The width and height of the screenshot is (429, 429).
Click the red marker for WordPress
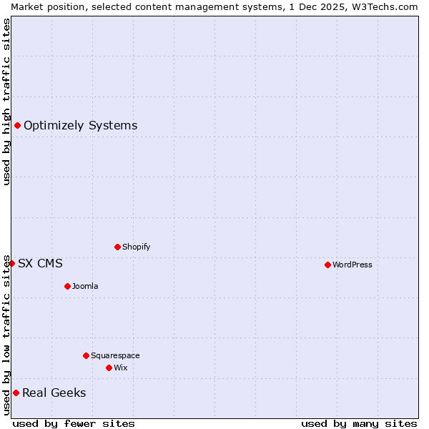pyautogui.click(x=327, y=265)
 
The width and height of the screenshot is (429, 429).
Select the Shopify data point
pyautogui.click(x=117, y=247)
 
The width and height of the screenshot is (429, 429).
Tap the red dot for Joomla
pyautogui.click(x=67, y=286)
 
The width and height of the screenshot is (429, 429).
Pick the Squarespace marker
pyautogui.click(x=86, y=355)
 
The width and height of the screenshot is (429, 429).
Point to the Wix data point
pyautogui.click(x=109, y=368)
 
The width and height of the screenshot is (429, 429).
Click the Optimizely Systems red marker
pyautogui.click(x=17, y=126)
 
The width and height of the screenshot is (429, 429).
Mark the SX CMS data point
pyautogui.click(x=11, y=263)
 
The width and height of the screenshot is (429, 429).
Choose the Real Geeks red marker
pyautogui.click(x=16, y=393)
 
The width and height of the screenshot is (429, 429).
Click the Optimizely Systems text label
pyautogui.click(x=80, y=126)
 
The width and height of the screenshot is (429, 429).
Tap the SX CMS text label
pyautogui.click(x=40, y=264)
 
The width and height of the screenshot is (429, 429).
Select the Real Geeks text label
pyautogui.click(x=54, y=393)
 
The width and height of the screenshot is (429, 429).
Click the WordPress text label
pyautogui.click(x=352, y=265)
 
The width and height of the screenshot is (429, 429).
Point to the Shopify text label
pyautogui.click(x=136, y=247)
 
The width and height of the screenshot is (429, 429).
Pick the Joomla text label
pyautogui.click(x=85, y=286)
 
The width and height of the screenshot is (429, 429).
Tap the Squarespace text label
pyautogui.click(x=115, y=355)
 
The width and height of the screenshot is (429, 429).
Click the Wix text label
pyautogui.click(x=120, y=368)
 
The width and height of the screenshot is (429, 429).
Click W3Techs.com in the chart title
pyautogui.click(x=384, y=6)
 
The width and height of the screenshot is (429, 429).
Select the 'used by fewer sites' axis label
pyautogui.click(x=74, y=423)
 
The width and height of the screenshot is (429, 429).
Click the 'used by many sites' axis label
pyautogui.click(x=359, y=423)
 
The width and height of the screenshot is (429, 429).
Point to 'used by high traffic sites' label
pyautogui.click(x=6, y=102)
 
